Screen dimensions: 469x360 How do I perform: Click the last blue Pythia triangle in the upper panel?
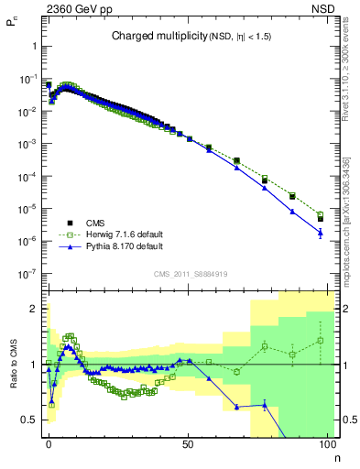tap(320, 234)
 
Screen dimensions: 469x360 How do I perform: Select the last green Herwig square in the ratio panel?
tap(320, 341)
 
